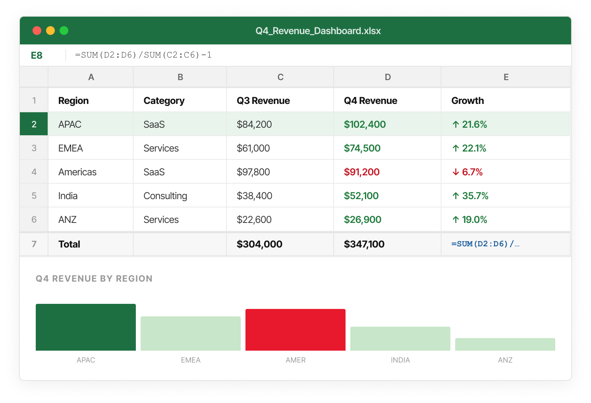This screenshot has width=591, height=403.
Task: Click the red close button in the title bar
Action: pyautogui.click(x=37, y=31)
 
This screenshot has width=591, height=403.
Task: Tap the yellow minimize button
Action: pyautogui.click(x=50, y=31)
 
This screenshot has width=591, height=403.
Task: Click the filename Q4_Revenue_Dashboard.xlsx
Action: pyautogui.click(x=318, y=31)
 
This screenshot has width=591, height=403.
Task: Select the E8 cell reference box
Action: pyautogui.click(x=37, y=56)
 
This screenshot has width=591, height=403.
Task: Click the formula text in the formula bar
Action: pyautogui.click(x=143, y=55)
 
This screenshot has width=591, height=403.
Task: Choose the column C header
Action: pyautogui.click(x=280, y=77)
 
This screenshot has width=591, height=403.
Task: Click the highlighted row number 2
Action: pyautogui.click(x=34, y=124)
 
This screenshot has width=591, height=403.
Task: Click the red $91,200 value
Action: pyautogui.click(x=361, y=172)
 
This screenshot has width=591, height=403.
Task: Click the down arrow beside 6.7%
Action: pyautogui.click(x=456, y=172)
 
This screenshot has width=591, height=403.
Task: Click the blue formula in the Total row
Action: pyautogui.click(x=485, y=244)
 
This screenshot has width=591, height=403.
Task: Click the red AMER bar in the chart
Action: pyautogui.click(x=295, y=330)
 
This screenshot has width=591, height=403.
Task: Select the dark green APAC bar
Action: pyautogui.click(x=86, y=327)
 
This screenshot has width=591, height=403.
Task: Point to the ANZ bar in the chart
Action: pyautogui.click(x=505, y=344)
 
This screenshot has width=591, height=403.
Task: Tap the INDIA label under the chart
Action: pyautogui.click(x=400, y=360)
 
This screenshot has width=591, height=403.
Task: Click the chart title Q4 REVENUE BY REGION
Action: pyautogui.click(x=94, y=278)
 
